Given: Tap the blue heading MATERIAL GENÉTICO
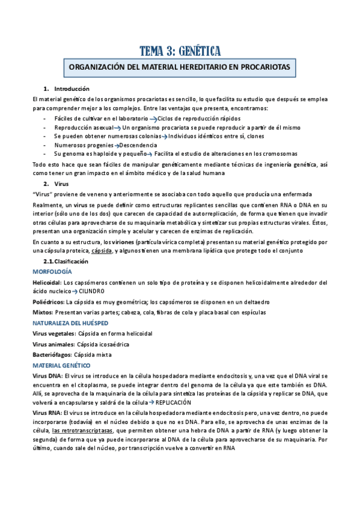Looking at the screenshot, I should [x=61, y=365].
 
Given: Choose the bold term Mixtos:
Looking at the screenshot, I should [x=43, y=312].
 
